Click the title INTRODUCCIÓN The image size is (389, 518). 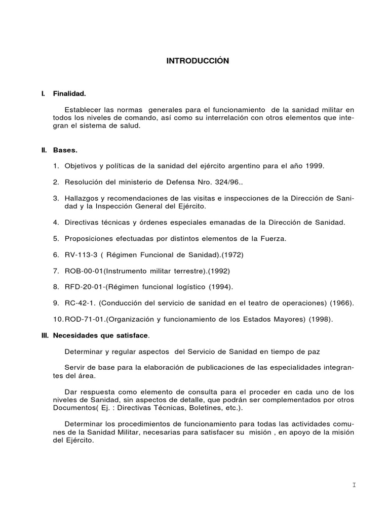[x=198, y=61]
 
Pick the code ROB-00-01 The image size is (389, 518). [x=84, y=270]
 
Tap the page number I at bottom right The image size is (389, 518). [x=354, y=485]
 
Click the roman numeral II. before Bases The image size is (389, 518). [x=44, y=150]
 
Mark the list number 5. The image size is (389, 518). [x=56, y=238]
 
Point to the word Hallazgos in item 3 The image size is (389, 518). [x=82, y=199]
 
